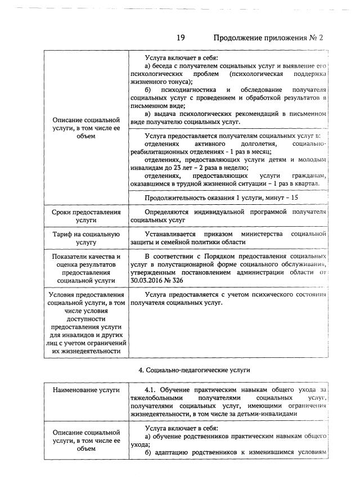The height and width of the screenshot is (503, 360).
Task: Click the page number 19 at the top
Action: click(x=181, y=38)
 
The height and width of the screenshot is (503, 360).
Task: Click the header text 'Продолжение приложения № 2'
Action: click(x=269, y=38)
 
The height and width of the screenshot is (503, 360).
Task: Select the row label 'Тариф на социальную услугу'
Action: click(x=86, y=238)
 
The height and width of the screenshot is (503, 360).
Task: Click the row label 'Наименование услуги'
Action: click(x=86, y=389)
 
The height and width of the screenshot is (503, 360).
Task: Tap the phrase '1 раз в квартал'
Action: click(x=295, y=183)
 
